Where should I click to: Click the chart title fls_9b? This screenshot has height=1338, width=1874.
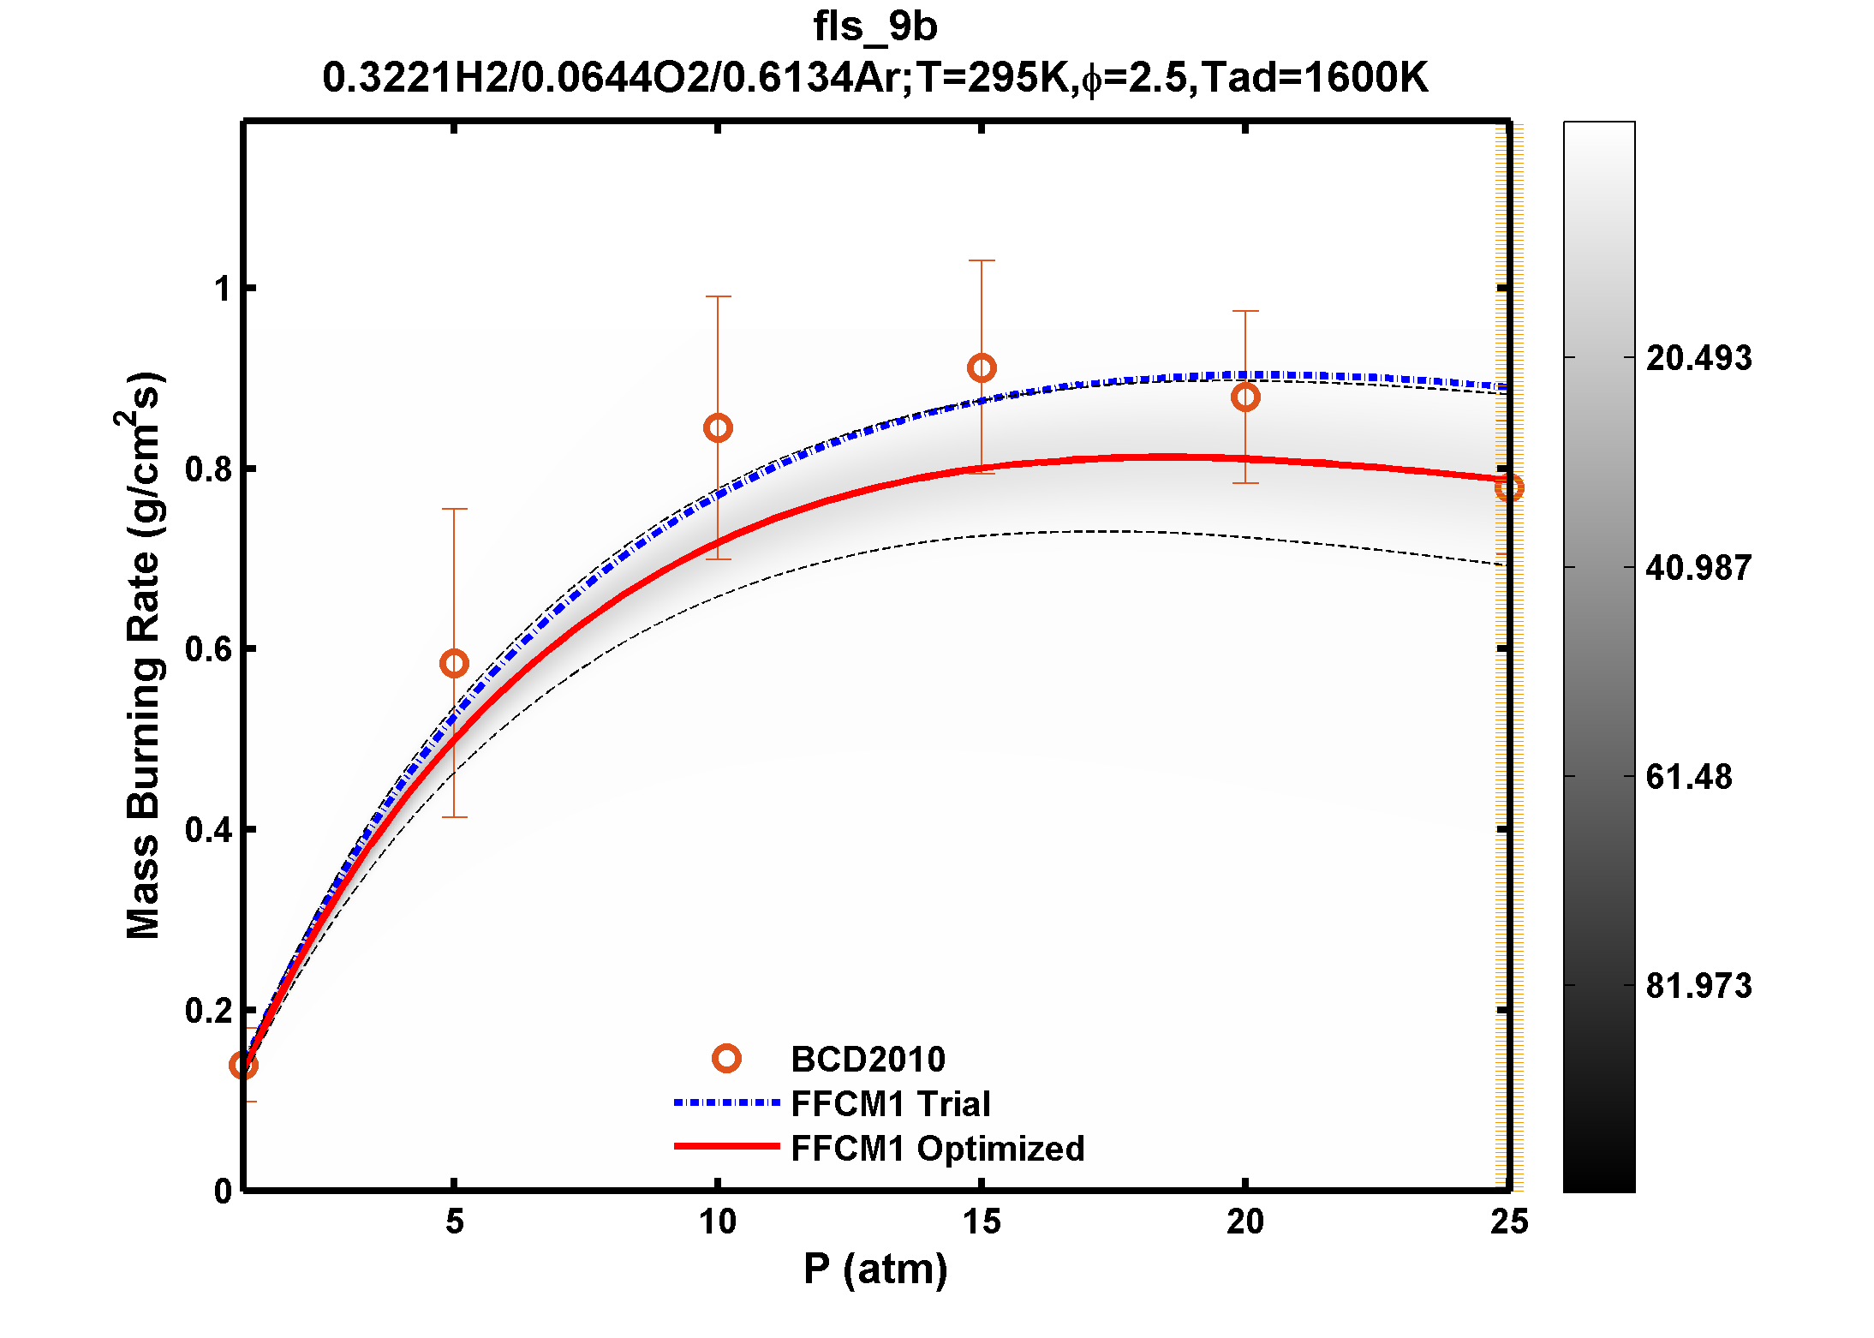874,27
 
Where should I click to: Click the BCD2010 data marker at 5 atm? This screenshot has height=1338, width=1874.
454,663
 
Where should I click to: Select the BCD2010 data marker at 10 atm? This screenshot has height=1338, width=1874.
718,428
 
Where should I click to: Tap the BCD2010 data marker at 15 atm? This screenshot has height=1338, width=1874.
982,368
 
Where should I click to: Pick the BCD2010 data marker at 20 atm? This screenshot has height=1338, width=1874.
1245,397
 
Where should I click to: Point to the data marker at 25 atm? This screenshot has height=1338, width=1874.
1508,488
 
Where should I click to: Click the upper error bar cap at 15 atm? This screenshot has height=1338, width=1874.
982,260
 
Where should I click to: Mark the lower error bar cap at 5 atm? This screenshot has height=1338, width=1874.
454,817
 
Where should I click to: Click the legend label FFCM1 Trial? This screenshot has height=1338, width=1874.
890,1104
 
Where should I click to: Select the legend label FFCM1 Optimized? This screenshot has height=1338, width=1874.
937,1149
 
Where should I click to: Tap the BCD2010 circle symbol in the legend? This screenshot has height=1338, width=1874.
726,1059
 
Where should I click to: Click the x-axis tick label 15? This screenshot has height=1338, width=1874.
982,1222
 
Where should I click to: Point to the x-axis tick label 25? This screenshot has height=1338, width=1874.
1508,1222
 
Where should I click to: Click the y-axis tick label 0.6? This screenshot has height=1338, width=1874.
209,649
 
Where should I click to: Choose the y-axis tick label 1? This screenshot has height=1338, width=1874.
223,289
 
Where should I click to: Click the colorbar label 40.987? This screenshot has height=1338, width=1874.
1698,568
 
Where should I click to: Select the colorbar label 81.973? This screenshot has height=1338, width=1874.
1698,986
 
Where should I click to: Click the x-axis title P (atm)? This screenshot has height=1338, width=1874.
875,1269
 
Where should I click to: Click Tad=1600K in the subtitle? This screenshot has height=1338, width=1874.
1314,78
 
